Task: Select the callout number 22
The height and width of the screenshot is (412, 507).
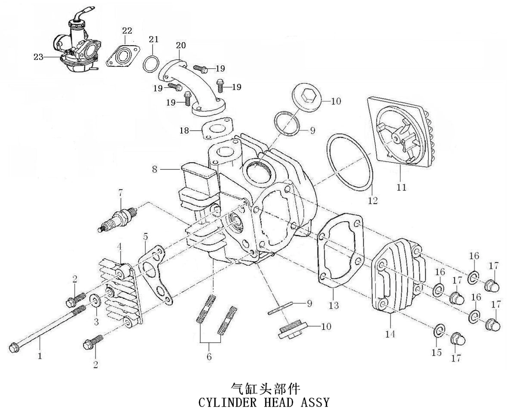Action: click(127, 31)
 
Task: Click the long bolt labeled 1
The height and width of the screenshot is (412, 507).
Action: click(46, 327)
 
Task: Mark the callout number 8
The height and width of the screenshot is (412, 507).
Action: click(155, 169)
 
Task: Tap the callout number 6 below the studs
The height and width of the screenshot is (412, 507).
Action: click(209, 357)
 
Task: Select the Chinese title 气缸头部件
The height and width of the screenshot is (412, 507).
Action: click(266, 388)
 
